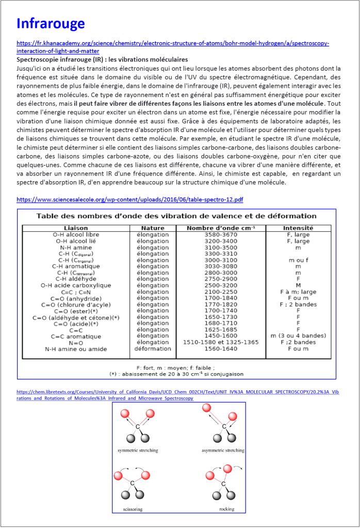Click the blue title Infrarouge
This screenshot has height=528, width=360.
click(x=51, y=24)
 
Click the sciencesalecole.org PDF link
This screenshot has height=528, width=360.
click(x=130, y=199)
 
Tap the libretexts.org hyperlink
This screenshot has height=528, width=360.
click(x=178, y=392)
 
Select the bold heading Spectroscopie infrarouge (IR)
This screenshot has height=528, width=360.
click(x=102, y=60)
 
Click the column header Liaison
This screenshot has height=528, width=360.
click(x=76, y=228)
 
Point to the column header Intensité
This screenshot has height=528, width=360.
click(x=298, y=228)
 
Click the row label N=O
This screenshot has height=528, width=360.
click(x=76, y=343)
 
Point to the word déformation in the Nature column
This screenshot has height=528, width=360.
click(x=153, y=349)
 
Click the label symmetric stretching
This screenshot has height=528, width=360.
click(x=138, y=451)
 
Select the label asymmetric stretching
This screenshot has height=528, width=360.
click(x=223, y=451)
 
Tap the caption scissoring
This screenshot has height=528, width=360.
click(x=133, y=509)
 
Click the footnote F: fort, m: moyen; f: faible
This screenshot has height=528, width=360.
click(x=176, y=367)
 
